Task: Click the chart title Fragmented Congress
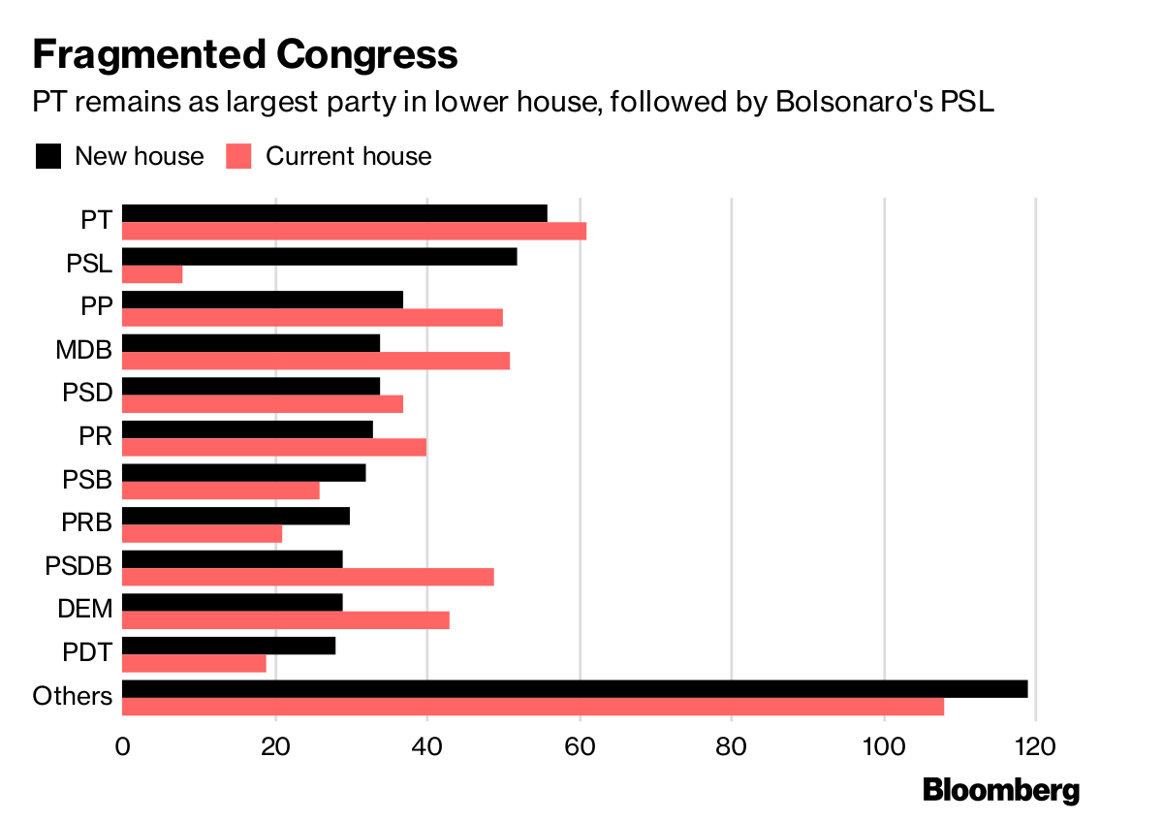point(244,54)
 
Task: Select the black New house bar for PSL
point(320,257)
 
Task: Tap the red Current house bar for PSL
point(152,274)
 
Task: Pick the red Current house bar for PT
point(355,231)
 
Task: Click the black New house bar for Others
point(575,689)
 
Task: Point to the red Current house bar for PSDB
point(308,577)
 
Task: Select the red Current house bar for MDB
point(316,361)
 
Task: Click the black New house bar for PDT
point(229,646)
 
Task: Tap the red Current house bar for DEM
point(286,620)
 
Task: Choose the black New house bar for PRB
point(236,516)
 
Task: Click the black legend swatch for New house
point(47,156)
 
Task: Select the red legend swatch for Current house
point(238,156)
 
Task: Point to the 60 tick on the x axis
point(580,748)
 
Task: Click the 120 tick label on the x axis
point(1036,748)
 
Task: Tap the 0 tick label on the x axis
point(123,748)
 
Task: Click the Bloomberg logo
point(1000,790)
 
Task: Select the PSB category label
point(88,479)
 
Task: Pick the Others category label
point(73,696)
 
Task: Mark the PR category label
point(96,436)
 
